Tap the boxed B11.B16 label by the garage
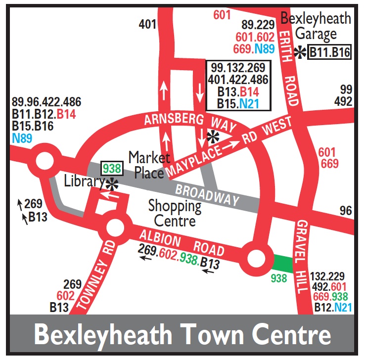click(329, 52)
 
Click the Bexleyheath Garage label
click(316, 26)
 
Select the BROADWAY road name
click(207, 195)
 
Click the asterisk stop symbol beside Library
click(112, 184)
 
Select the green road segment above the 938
click(283, 263)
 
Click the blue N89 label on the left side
click(22, 137)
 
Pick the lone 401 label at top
click(147, 23)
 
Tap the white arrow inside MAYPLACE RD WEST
click(230, 145)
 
